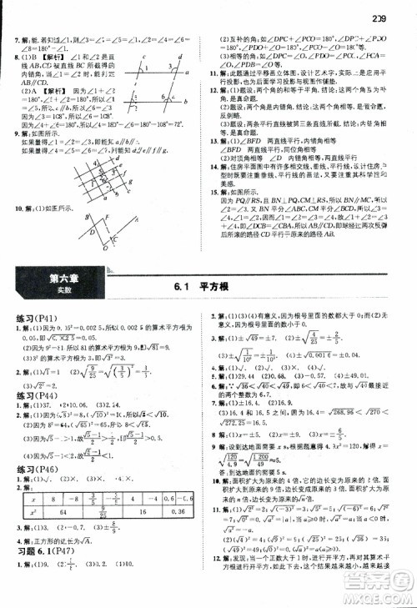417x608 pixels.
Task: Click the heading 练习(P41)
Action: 36,319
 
